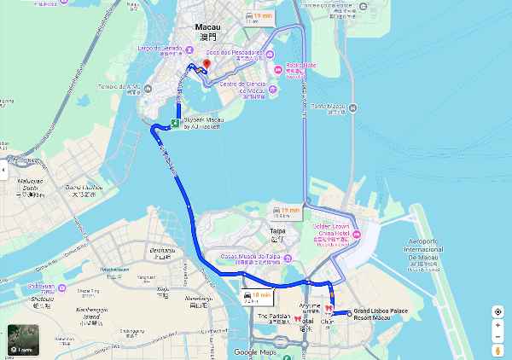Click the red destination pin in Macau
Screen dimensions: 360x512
(207, 65)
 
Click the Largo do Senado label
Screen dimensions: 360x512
(160, 50)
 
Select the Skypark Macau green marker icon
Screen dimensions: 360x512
(175, 124)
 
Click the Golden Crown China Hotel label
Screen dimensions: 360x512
(328, 231)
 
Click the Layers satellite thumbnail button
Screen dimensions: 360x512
(20, 340)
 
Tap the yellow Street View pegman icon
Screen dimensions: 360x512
(497, 349)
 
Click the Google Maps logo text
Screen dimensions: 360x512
(257, 351)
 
